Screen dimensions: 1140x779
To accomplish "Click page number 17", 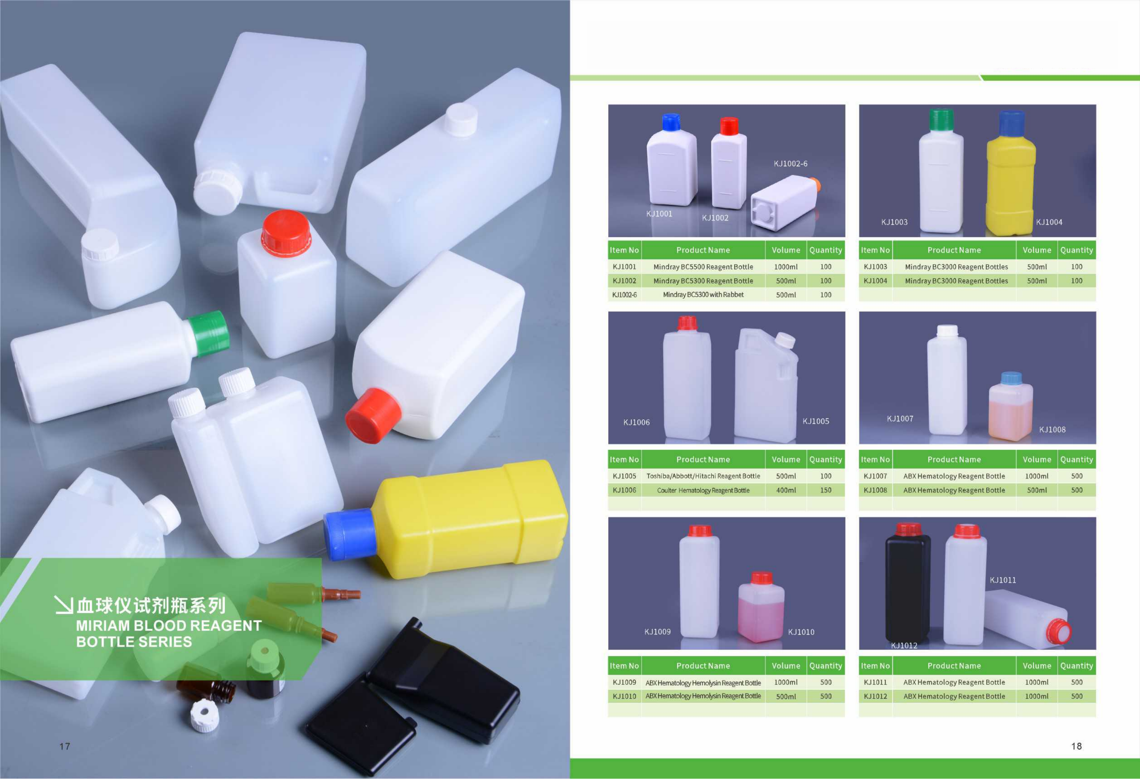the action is pyautogui.click(x=65, y=746).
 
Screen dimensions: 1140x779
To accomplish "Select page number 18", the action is pyautogui.click(x=1076, y=746).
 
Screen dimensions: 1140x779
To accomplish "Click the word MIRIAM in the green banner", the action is pyautogui.click(x=103, y=625).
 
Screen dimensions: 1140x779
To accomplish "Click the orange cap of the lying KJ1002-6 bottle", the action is pyautogui.click(x=815, y=184).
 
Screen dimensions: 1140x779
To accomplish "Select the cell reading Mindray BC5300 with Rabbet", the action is pyautogui.click(x=703, y=295).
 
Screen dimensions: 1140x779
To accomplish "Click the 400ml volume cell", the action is pyautogui.click(x=786, y=490).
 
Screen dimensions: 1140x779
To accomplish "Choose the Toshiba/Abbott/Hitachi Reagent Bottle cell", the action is pyautogui.click(x=703, y=476).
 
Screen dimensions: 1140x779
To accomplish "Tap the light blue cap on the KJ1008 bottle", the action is pyautogui.click(x=1010, y=378).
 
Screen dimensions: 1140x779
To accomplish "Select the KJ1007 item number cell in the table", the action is pyautogui.click(x=875, y=476).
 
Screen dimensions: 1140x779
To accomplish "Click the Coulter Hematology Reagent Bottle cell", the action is pyautogui.click(x=703, y=490).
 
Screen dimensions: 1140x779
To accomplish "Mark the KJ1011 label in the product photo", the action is pyautogui.click(x=1003, y=580).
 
